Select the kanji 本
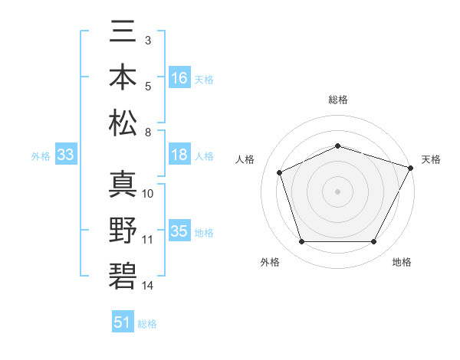click(123, 78)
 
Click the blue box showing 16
click(179, 78)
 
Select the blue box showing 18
click(179, 155)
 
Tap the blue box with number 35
click(179, 231)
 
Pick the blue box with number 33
click(66, 155)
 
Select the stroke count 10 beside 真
click(148, 193)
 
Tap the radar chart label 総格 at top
click(337, 100)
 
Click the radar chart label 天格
click(431, 159)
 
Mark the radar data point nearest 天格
click(412, 167)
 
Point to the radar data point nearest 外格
click(301, 242)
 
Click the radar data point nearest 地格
click(373, 242)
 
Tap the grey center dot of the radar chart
click(337, 191)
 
